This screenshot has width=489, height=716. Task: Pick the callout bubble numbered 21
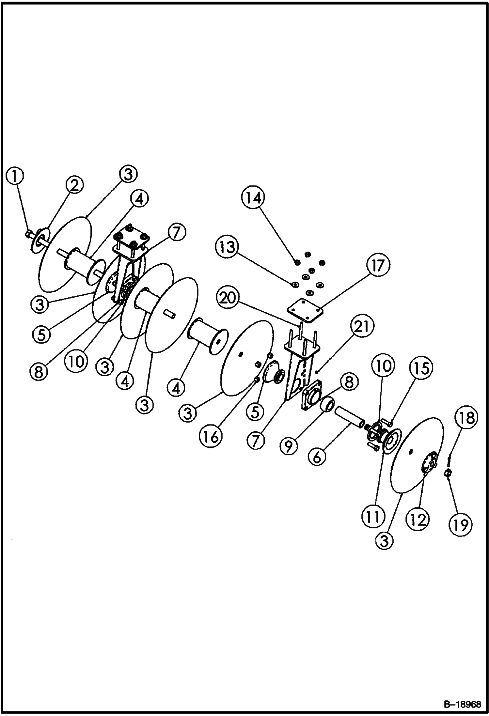pos(362,327)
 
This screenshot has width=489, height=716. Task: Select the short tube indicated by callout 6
pos(350,416)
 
